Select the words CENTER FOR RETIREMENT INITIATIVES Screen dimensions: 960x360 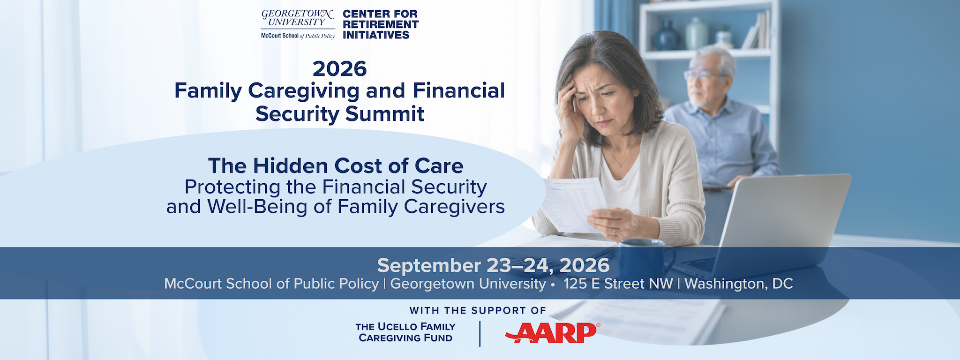point(381,24)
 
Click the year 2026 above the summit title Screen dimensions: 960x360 point(339,69)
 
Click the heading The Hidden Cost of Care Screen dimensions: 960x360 point(336,166)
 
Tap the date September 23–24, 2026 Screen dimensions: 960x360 point(493,266)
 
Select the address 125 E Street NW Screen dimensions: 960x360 point(618,284)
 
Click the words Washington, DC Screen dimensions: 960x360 point(739,284)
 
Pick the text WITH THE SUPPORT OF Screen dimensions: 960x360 point(478,310)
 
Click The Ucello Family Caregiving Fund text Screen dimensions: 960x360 point(405,332)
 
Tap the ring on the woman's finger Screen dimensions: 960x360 point(613,232)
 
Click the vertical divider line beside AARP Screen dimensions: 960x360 point(480,334)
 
